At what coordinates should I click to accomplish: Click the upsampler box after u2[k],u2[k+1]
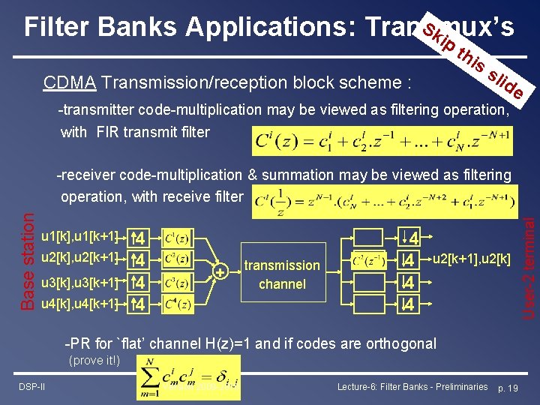click(x=136, y=259)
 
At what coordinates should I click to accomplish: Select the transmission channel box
click(x=282, y=274)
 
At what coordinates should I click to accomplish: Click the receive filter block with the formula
click(x=367, y=260)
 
